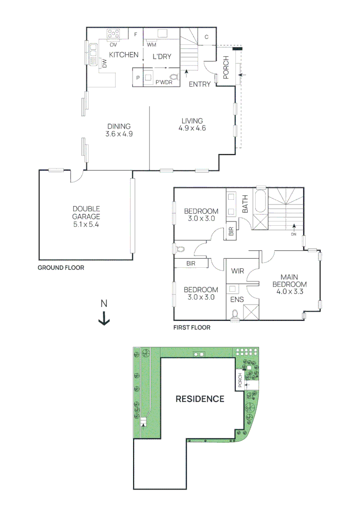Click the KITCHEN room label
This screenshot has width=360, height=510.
click(x=124, y=55)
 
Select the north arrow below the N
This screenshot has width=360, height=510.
click(x=104, y=321)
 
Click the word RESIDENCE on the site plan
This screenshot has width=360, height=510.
click(x=200, y=399)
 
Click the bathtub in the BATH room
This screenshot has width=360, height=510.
click(x=260, y=202)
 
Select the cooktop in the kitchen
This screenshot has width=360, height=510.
click(x=114, y=34)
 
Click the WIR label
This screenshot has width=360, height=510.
click(x=237, y=271)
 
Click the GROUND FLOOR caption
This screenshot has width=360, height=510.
click(x=60, y=268)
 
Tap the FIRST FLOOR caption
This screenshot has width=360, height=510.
click(x=192, y=327)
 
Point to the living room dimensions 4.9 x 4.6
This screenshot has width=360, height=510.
click(x=192, y=128)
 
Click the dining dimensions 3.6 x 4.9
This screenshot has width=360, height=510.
click(x=118, y=134)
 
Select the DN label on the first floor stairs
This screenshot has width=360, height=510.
click(x=293, y=234)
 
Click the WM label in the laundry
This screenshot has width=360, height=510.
click(x=151, y=45)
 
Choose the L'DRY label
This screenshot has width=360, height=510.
click(x=161, y=56)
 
